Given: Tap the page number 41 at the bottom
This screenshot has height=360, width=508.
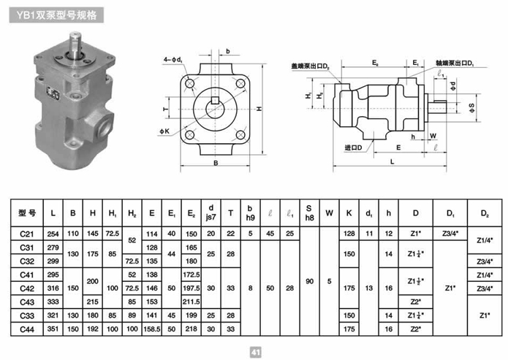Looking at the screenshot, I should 255,351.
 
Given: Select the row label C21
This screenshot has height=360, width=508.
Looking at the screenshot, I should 28,233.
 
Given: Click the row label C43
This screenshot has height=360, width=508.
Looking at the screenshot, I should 28,300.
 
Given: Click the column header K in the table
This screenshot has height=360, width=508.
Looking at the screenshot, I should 349,213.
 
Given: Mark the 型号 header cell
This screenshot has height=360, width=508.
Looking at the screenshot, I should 28,213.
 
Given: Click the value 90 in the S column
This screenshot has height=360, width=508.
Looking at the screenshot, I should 309,280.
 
